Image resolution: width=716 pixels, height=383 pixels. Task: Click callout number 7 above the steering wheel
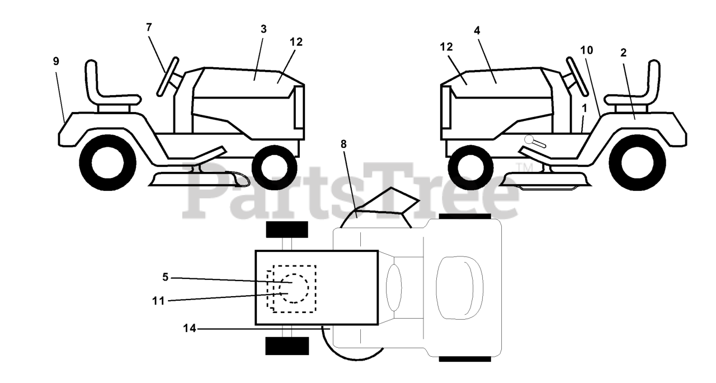point(149,27)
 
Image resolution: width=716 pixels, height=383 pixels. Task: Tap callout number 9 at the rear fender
point(56,62)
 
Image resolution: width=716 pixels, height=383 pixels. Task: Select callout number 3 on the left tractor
point(263,29)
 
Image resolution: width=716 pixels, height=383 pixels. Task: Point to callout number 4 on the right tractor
point(477,31)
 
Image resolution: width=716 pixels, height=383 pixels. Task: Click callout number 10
point(586,50)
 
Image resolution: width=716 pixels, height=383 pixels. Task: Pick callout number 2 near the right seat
point(623,53)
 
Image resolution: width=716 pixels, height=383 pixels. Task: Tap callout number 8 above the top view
point(343,144)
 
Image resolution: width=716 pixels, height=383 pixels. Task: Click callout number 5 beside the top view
point(166,276)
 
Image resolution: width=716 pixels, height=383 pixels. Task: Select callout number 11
point(158,301)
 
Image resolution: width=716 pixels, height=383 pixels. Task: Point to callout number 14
point(190,329)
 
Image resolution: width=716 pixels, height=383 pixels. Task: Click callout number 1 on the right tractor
point(584,106)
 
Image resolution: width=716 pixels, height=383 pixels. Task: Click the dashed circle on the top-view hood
point(294,288)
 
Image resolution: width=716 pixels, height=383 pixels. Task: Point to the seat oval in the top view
point(459,288)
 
